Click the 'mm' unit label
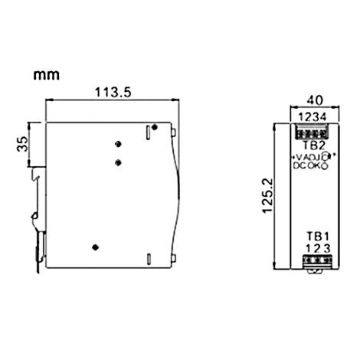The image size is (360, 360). tap(47, 76)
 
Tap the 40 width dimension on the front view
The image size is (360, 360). tap(312, 99)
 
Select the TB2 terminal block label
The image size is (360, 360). tap(311, 144)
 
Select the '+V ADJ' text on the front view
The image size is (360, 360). tap(306, 156)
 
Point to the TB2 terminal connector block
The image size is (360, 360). tap(311, 131)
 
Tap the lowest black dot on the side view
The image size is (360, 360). tap(95, 247)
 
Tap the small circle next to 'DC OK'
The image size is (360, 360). tap(327, 165)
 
